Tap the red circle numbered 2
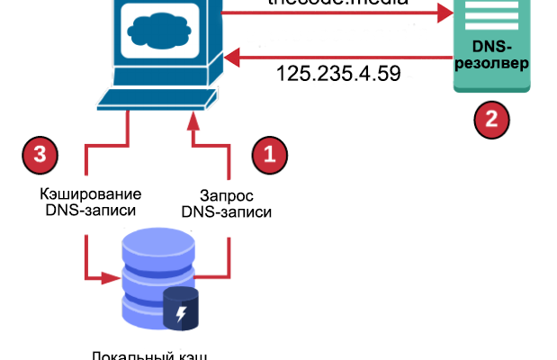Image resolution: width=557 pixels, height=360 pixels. [491, 119]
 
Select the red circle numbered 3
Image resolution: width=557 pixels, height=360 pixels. [39, 153]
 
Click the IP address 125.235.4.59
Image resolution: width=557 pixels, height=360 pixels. [338, 71]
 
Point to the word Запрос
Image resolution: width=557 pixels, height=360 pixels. [226, 194]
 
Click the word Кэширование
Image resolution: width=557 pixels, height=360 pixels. [92, 194]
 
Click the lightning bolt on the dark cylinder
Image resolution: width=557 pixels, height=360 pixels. [183, 314]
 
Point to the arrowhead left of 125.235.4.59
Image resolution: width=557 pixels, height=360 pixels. [230, 59]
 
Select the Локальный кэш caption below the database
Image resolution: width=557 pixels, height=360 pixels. [150, 354]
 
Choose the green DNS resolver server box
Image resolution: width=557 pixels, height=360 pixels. [491, 45]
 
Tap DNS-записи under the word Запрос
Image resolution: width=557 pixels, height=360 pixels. [226, 212]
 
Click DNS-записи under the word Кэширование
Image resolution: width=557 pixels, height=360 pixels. [92, 212]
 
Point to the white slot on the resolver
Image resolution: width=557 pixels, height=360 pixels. [491, 13]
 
